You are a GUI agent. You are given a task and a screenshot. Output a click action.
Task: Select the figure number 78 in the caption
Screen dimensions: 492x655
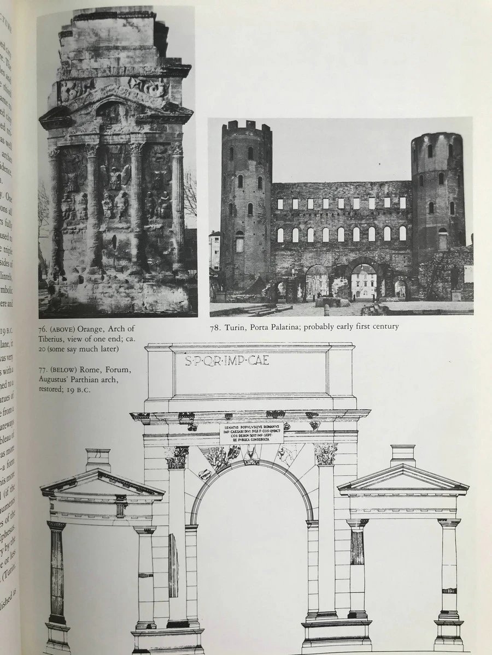pyautogui.click(x=215, y=327)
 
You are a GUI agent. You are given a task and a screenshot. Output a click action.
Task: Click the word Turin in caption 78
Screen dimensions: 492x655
pyautogui.click(x=238, y=327)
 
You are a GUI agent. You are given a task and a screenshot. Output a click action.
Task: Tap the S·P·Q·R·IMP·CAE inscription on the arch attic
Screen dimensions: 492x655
pyautogui.click(x=226, y=361)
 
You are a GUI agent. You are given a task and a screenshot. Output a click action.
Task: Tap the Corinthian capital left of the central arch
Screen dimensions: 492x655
pyautogui.click(x=177, y=457)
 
